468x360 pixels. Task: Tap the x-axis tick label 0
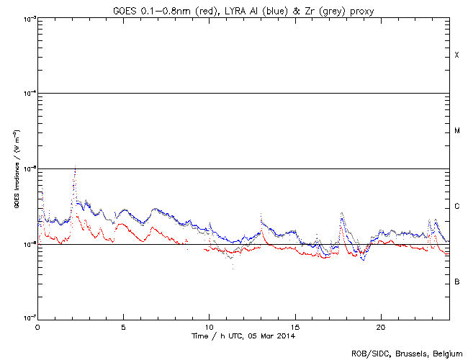pyautogui.click(x=37, y=327)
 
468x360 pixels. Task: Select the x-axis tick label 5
pyautogui.click(x=124, y=327)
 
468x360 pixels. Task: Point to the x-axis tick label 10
pyautogui.click(x=209, y=327)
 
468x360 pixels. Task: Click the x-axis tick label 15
pyautogui.click(x=295, y=327)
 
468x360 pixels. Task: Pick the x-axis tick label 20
pyautogui.click(x=381, y=327)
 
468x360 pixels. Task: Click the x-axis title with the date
pyautogui.click(x=243, y=336)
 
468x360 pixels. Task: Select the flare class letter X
pyautogui.click(x=456, y=55)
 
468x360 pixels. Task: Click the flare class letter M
pyautogui.click(x=456, y=131)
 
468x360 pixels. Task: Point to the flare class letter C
pyautogui.click(x=456, y=207)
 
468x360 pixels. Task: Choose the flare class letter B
pyautogui.click(x=456, y=282)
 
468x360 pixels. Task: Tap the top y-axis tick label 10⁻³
pyautogui.click(x=28, y=19)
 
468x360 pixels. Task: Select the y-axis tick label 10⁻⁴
pyautogui.click(x=28, y=94)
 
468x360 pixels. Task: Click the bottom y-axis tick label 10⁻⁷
pyautogui.click(x=28, y=317)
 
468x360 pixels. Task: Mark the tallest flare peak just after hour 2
pyautogui.click(x=75, y=168)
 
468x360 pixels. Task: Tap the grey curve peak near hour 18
pyautogui.click(x=342, y=213)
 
